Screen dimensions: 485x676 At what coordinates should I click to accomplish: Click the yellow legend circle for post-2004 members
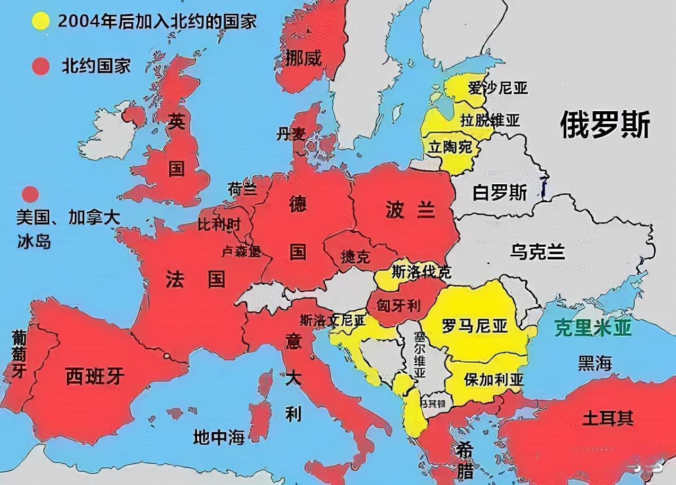40,21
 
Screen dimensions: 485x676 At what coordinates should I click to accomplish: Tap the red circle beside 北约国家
40,67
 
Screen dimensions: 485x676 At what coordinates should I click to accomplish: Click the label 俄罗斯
605,125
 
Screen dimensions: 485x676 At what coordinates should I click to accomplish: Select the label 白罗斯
500,193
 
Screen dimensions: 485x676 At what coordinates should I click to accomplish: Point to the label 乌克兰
537,252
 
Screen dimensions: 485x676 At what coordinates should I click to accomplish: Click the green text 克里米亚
593,328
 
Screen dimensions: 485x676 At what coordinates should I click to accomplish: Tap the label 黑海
594,363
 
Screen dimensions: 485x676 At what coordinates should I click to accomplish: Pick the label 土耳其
608,418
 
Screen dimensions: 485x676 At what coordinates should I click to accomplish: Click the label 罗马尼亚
475,325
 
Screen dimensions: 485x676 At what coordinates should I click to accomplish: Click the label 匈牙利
398,306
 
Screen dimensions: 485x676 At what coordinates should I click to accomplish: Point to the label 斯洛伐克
421,272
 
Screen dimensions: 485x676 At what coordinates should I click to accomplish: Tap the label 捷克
355,257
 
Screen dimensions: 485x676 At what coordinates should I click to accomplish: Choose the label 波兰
411,210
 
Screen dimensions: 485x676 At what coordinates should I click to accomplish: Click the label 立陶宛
450,147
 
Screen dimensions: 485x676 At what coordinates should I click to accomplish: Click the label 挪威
303,58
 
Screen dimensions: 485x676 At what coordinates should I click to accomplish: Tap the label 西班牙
95,376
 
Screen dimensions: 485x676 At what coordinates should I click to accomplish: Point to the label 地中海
219,437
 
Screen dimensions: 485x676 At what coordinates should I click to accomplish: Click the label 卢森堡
241,252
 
